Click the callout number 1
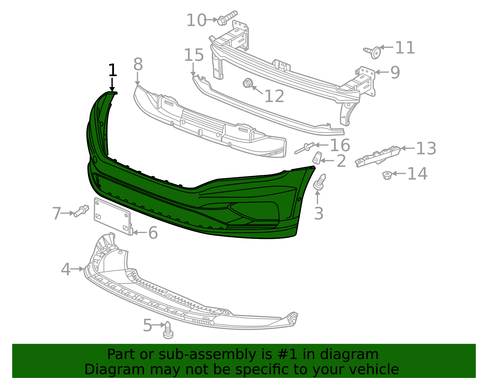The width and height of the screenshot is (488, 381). tap(113, 70)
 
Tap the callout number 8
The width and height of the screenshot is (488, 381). tap(138, 65)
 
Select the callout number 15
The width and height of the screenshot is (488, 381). tap(194, 55)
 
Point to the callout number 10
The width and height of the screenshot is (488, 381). tap(196, 20)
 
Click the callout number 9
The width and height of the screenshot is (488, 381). tap(395, 73)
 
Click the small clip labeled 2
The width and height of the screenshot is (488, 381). tap(317, 158)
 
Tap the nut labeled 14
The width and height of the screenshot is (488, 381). tap(387, 175)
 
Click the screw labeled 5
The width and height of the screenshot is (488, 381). tap(168, 330)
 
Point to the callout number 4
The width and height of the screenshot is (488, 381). tap(66, 269)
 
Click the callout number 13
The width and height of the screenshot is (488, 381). tap(426, 149)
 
